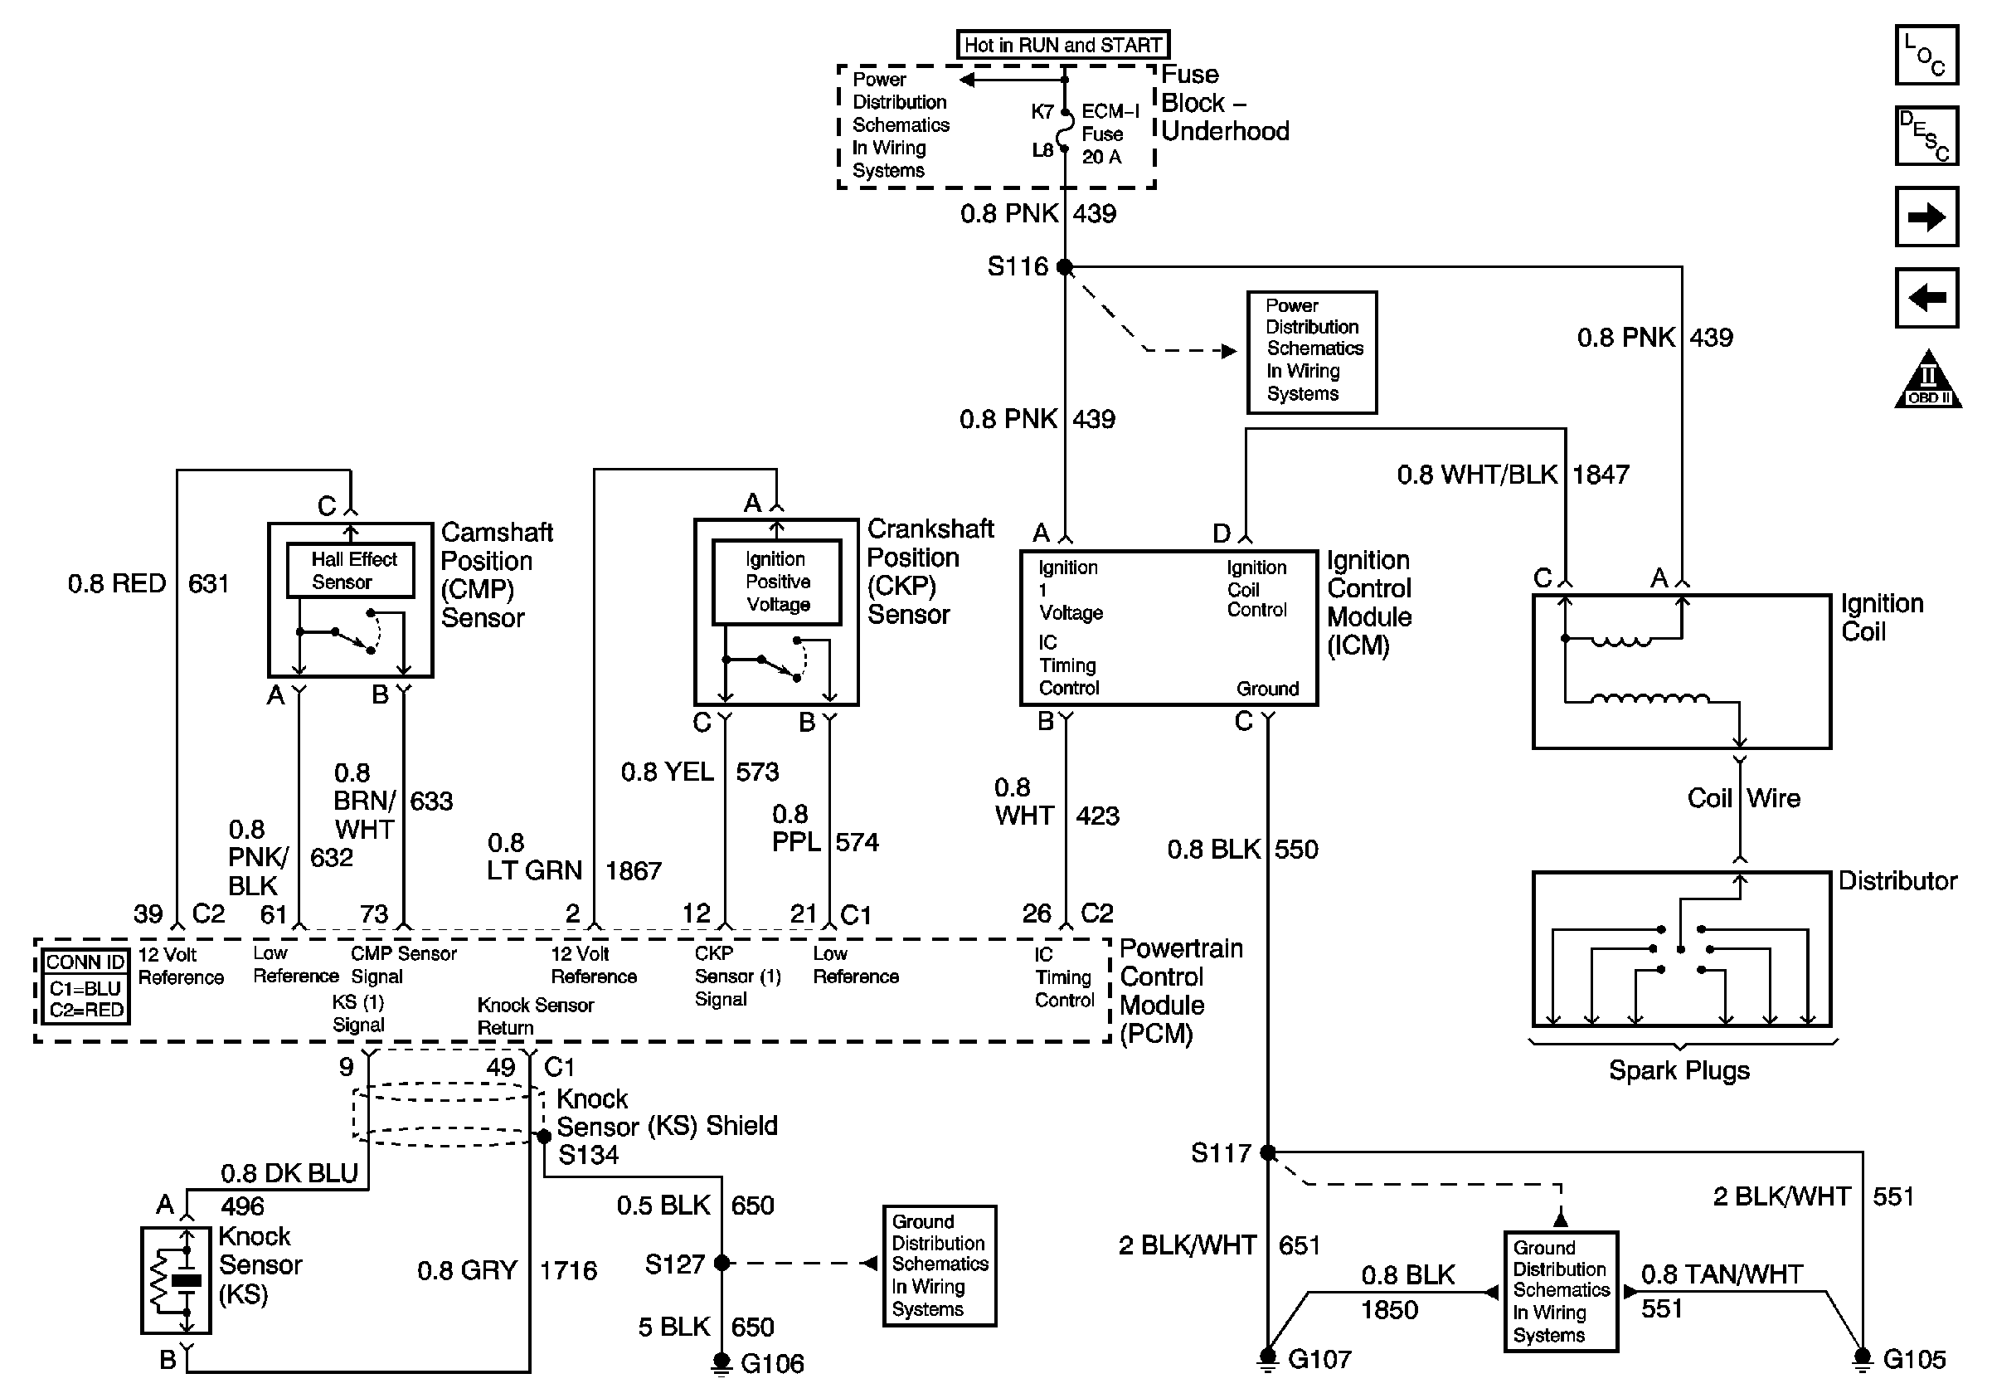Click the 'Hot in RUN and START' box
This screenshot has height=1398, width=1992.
click(1063, 44)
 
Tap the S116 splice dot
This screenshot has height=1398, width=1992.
click(1065, 267)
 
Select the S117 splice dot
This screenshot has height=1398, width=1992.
click(1267, 1152)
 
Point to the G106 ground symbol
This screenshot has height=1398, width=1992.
click(721, 1363)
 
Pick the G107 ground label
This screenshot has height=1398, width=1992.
click(1319, 1359)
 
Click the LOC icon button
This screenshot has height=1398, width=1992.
click(1926, 56)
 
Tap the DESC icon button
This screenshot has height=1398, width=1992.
click(1926, 135)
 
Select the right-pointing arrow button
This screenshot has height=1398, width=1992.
click(1926, 217)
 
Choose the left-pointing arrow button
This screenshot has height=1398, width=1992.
click(1926, 299)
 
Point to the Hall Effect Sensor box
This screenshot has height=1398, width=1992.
click(351, 570)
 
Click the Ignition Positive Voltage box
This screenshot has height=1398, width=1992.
click(776, 582)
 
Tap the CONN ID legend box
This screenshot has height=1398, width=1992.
click(86, 986)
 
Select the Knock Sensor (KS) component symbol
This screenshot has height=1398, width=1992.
click(176, 1280)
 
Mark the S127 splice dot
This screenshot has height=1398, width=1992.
click(721, 1264)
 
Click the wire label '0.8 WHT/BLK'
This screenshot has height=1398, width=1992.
click(1477, 475)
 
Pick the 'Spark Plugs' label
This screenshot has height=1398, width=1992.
click(1679, 1070)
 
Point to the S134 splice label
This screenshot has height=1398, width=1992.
click(588, 1155)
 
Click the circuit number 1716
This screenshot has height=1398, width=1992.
click(568, 1270)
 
